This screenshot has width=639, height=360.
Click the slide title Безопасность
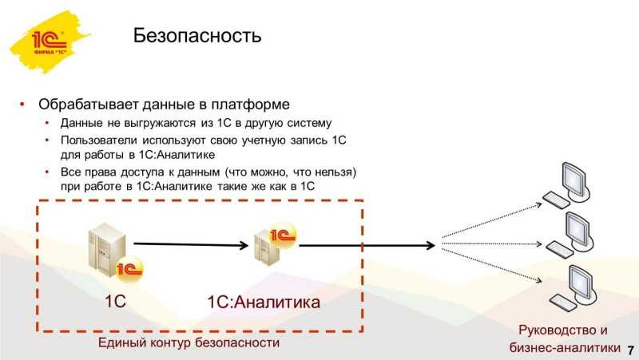(x=196, y=35)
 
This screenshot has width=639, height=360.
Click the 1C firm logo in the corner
(x=50, y=42)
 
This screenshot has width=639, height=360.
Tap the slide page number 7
(x=631, y=350)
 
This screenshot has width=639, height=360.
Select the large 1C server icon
(x=115, y=253)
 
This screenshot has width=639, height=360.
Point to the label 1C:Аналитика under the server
(x=264, y=303)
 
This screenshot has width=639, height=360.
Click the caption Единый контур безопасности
(x=189, y=342)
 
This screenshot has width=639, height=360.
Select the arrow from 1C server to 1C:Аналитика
(x=191, y=244)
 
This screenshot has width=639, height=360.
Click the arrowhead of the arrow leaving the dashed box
(x=431, y=245)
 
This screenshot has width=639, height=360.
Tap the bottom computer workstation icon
(x=574, y=287)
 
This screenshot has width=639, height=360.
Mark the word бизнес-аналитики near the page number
(x=565, y=347)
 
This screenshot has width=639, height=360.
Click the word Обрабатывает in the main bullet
(x=89, y=105)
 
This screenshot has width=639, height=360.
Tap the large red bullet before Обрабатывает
(x=22, y=105)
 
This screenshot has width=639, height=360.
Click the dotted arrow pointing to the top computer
(x=492, y=220)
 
